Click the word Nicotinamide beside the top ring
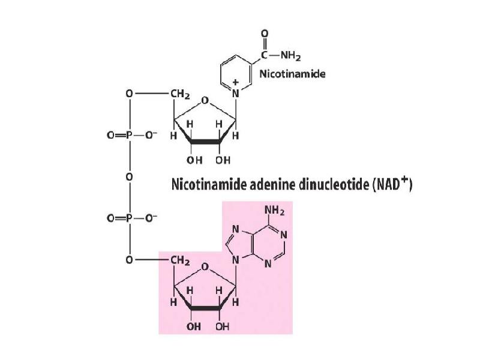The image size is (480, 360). point(292,74)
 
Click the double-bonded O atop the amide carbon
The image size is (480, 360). point(265,34)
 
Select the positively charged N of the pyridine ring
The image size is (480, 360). point(235,94)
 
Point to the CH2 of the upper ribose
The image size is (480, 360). point(180,94)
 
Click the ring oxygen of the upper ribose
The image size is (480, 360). point(205,101)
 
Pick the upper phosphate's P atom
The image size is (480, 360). point(129,136)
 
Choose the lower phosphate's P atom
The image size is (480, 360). point(129,215)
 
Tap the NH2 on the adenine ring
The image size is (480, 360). point(274,211)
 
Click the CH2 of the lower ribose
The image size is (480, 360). point(180,262)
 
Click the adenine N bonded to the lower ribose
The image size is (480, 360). point(236,261)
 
